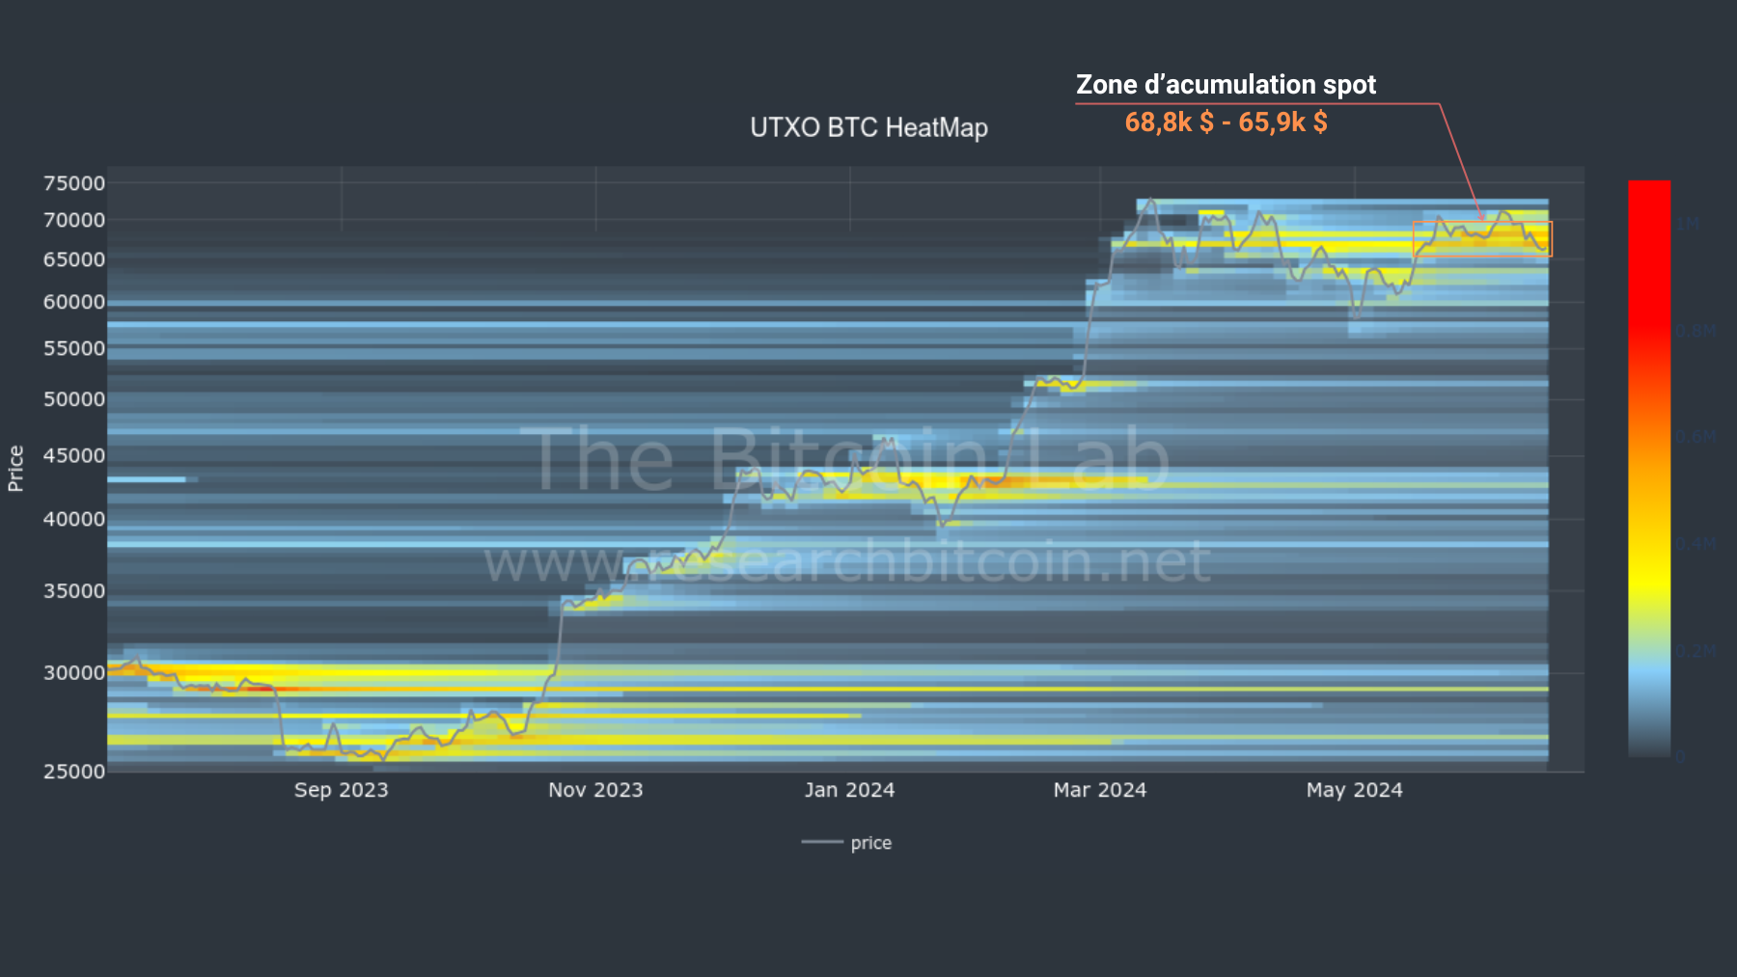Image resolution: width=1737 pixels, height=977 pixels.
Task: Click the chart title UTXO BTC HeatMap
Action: tap(868, 128)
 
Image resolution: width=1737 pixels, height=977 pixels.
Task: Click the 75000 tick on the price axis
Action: tap(74, 183)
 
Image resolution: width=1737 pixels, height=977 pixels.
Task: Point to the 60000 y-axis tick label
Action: tap(74, 302)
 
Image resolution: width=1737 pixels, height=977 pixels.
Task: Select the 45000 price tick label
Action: tap(74, 455)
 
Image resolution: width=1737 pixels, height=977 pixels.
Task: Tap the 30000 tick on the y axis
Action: tap(74, 672)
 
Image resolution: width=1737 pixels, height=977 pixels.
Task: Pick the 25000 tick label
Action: tap(74, 771)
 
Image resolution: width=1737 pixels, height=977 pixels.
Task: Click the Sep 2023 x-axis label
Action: tap(341, 790)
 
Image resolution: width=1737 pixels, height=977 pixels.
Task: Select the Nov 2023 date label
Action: tap(595, 790)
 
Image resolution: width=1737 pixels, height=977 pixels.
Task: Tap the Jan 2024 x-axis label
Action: tap(849, 790)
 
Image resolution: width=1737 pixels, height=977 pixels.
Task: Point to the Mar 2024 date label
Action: tap(1100, 790)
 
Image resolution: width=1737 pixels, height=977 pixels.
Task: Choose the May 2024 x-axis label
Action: tap(1354, 790)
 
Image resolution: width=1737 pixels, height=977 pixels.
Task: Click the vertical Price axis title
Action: tap(15, 469)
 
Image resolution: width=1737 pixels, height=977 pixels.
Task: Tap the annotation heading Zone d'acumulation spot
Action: tap(1226, 85)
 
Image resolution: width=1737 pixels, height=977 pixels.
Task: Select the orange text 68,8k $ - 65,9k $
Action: tap(1226, 122)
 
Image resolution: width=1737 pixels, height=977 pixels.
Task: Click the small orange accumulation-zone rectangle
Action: tap(1482, 239)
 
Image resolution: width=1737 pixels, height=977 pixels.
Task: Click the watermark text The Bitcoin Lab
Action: tap(849, 460)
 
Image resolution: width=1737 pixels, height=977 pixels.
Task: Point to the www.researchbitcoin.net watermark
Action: tap(846, 562)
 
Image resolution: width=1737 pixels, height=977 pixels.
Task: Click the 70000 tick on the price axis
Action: tap(74, 220)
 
